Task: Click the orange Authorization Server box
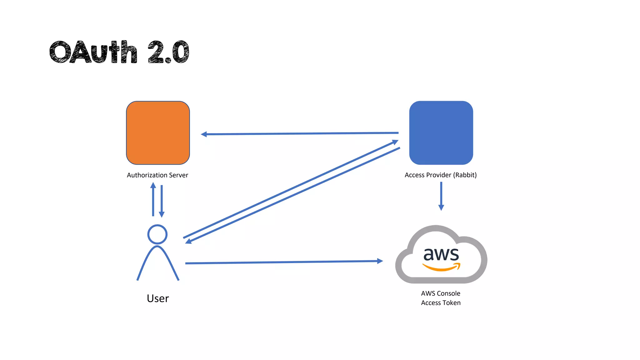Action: pyautogui.click(x=158, y=133)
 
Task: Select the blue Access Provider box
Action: pyautogui.click(x=441, y=133)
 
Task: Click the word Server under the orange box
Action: pyautogui.click(x=178, y=175)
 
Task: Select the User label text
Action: pyautogui.click(x=158, y=298)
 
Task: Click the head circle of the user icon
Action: pyautogui.click(x=157, y=234)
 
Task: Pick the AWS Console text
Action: pyautogui.click(x=441, y=293)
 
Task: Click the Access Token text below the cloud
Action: pyautogui.click(x=441, y=303)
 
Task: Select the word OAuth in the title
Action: pyautogui.click(x=93, y=52)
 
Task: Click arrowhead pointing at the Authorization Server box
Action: pyautogui.click(x=204, y=134)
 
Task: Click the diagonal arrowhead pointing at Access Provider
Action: pyautogui.click(x=395, y=142)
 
